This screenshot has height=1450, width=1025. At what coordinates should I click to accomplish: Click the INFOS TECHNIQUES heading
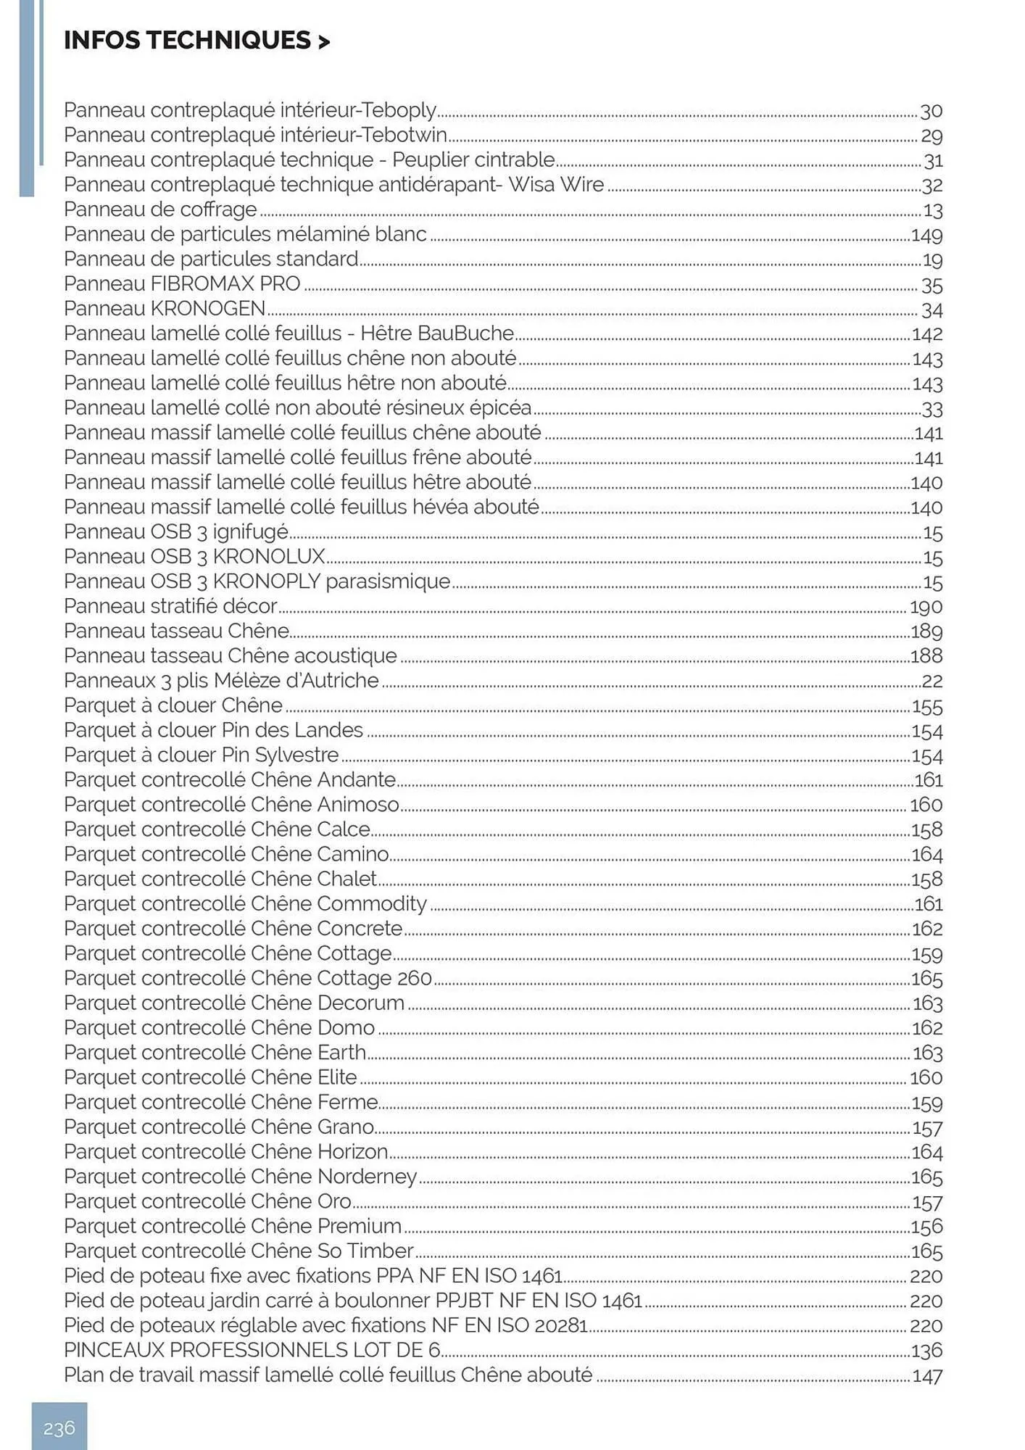click(x=196, y=41)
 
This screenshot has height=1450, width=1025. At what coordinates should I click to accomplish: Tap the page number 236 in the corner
click(x=59, y=1428)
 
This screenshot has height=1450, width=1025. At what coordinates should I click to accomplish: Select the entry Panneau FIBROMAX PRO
click(x=182, y=284)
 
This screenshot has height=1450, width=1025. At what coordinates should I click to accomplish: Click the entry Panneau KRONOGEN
click(x=165, y=309)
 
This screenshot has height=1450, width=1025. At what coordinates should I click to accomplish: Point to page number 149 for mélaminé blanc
click(x=926, y=236)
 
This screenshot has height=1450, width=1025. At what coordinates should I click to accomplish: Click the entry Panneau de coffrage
click(x=160, y=210)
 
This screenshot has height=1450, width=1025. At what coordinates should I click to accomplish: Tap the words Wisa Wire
click(x=555, y=184)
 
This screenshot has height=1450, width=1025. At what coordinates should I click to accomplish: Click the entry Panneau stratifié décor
click(x=170, y=606)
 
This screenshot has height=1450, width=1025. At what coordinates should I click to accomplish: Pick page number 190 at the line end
click(x=926, y=607)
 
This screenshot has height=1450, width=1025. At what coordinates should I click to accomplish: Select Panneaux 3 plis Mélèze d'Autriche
click(x=221, y=680)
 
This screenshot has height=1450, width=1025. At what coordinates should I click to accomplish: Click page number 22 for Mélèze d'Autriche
click(x=931, y=681)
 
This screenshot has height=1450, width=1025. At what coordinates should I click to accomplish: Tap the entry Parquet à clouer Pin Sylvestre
click(x=201, y=755)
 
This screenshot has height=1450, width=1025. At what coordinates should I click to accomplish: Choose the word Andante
click(x=356, y=779)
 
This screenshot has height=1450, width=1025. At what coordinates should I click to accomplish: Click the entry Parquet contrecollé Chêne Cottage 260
click(x=248, y=978)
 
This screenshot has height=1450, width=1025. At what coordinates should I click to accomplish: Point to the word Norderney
click(x=367, y=1176)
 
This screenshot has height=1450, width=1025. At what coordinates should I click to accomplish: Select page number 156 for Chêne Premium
click(x=927, y=1227)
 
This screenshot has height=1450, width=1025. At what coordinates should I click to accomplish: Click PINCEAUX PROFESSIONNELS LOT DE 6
click(x=252, y=1350)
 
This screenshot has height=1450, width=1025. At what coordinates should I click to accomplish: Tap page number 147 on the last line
click(x=927, y=1376)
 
